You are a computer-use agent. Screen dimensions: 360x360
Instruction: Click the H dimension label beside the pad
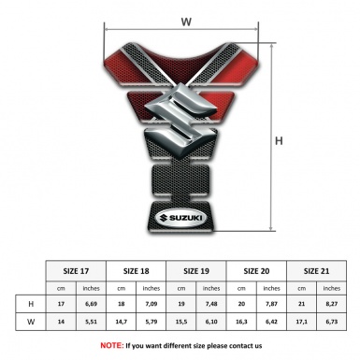(x=280, y=142)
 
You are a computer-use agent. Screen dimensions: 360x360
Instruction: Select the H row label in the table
(x=33, y=304)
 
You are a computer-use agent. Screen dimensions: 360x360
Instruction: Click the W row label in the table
(x=33, y=323)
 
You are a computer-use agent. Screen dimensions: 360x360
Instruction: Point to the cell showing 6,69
(x=92, y=304)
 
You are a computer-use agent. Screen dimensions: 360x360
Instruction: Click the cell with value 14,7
(x=122, y=323)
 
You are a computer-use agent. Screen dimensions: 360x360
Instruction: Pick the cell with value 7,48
(x=211, y=304)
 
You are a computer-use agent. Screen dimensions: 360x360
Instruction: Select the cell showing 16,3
(x=242, y=323)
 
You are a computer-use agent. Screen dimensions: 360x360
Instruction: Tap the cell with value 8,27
(x=331, y=304)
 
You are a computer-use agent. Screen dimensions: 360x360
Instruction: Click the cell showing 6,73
(x=331, y=323)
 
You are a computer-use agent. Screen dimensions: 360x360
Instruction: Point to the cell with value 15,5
(x=182, y=323)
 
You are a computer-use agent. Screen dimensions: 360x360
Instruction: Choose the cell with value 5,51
(x=92, y=323)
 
